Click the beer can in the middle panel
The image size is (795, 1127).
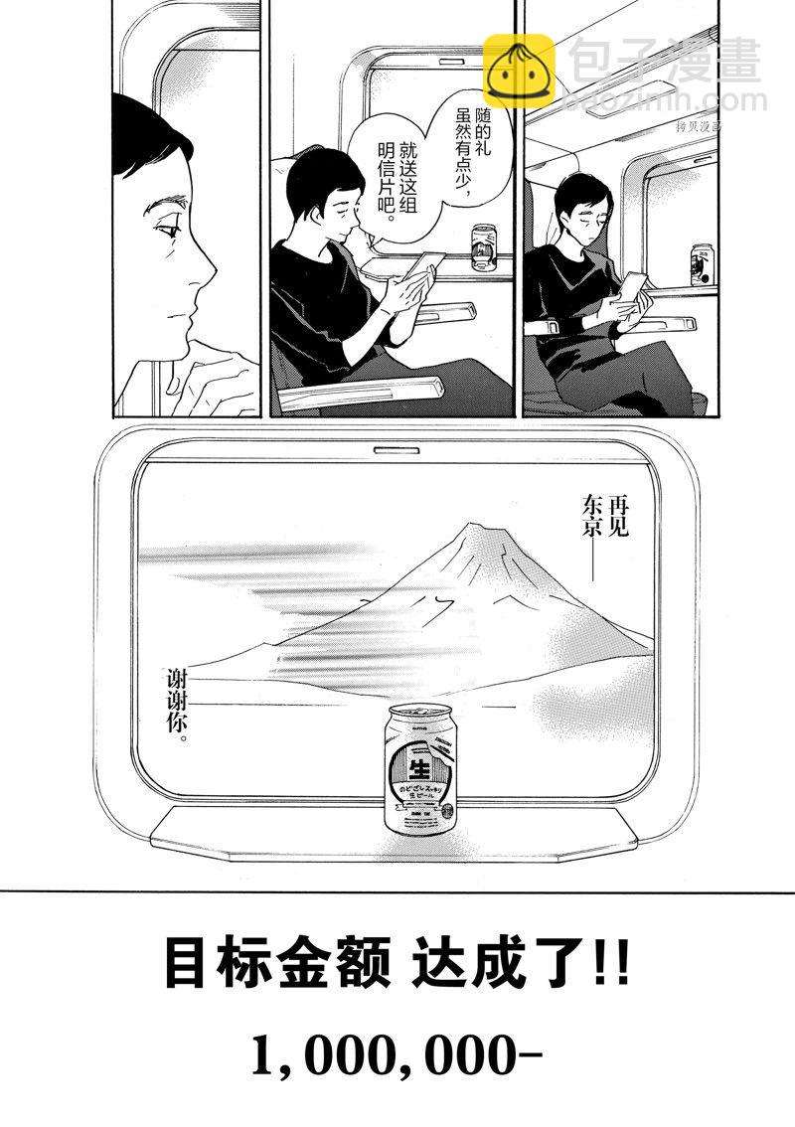pos(484,246)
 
